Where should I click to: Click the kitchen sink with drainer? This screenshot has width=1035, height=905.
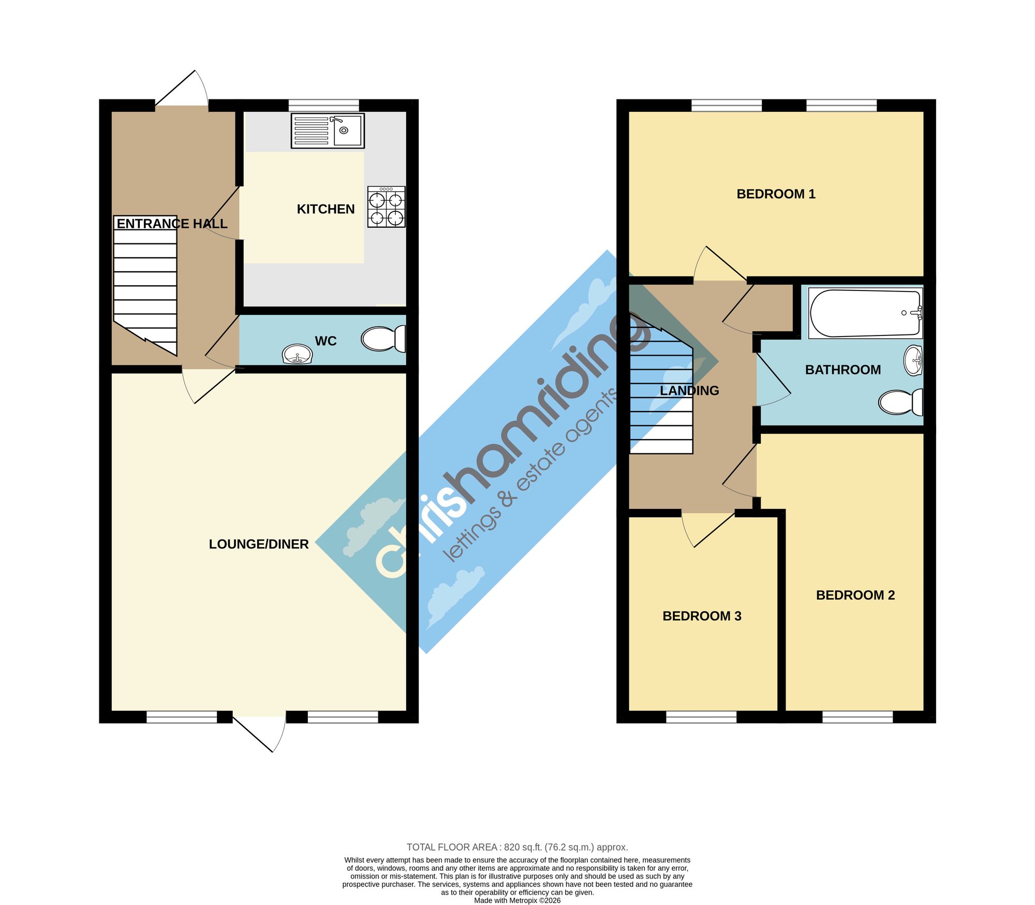click(328, 131)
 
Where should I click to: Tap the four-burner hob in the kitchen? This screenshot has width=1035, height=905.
click(387, 207)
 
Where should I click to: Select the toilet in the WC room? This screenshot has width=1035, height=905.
click(383, 339)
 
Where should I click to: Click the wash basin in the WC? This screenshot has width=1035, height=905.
click(298, 355)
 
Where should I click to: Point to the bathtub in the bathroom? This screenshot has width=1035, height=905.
click(866, 313)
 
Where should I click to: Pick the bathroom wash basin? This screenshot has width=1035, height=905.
click(913, 360)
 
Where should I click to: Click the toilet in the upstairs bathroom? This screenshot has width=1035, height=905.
click(901, 402)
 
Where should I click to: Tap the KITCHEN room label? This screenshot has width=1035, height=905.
click(326, 209)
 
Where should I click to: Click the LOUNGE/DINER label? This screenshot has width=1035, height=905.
click(259, 544)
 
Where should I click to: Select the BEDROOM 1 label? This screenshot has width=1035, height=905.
click(776, 194)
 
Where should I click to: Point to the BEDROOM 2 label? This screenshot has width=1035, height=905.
click(855, 595)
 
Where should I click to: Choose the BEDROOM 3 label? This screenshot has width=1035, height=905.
click(702, 616)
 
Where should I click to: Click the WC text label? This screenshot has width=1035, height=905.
click(326, 341)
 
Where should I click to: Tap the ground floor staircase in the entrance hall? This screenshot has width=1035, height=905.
click(145, 286)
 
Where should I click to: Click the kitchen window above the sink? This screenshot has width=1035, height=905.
click(323, 105)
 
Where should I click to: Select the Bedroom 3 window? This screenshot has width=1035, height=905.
click(701, 717)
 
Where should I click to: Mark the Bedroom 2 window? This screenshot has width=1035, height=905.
click(857, 717)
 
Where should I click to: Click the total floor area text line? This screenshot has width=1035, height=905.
click(517, 848)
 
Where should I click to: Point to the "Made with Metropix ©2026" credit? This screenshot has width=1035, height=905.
click(517, 900)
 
